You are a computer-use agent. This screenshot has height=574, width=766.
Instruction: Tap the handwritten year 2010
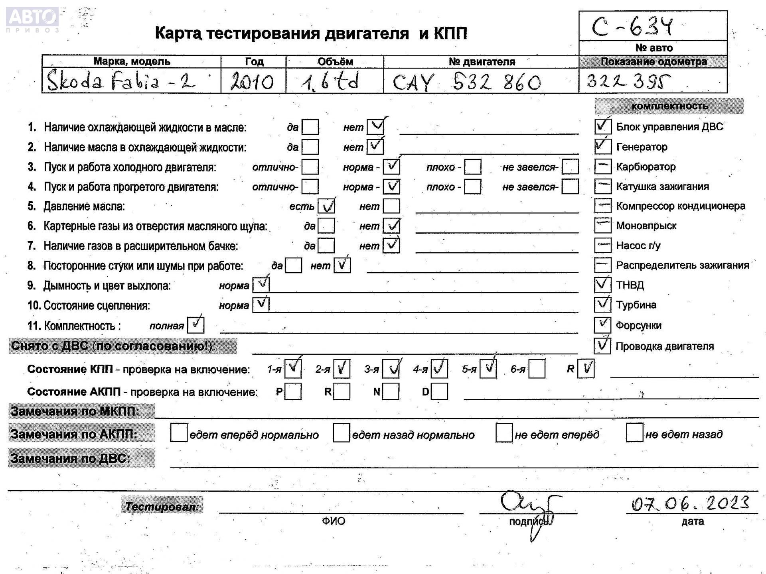tap(252, 82)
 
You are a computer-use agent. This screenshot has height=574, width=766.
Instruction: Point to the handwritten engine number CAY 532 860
tap(466, 83)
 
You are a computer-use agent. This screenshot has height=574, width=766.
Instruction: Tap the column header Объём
tap(335, 62)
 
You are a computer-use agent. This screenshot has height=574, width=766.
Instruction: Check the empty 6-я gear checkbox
tap(537, 369)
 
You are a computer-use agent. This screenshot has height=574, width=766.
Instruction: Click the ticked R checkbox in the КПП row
tap(586, 368)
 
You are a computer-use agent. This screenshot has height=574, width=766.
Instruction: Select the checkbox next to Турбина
tap(602, 305)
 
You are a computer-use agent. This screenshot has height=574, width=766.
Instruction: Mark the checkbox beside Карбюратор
tap(602, 167)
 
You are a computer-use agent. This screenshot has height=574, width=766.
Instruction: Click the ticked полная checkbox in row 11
tap(195, 325)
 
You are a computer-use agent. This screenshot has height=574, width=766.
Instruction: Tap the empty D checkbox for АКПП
tap(439, 391)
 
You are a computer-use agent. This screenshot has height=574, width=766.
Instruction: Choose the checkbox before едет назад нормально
tap(341, 433)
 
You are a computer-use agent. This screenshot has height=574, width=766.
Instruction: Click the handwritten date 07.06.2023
tap(690, 503)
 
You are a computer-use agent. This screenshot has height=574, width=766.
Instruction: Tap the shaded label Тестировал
tap(162, 506)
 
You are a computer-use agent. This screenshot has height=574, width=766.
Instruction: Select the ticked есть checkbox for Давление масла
tap(326, 206)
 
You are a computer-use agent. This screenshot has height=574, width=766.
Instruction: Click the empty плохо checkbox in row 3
tap(472, 167)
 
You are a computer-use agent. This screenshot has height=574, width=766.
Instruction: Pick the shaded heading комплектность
tap(669, 106)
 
